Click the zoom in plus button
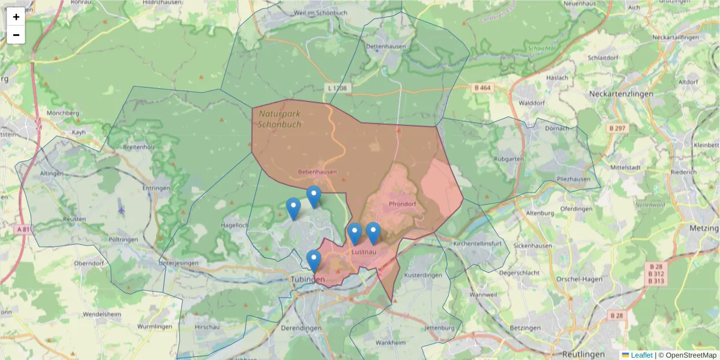[x=16, y=17]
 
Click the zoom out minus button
[x=16, y=35]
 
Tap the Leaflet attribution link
[x=641, y=355]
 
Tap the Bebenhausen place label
[x=317, y=172]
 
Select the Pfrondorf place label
[x=402, y=204]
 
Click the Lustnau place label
[x=364, y=252]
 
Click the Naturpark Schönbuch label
[x=279, y=119]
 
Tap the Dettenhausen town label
[x=386, y=46]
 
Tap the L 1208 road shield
[x=337, y=88]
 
